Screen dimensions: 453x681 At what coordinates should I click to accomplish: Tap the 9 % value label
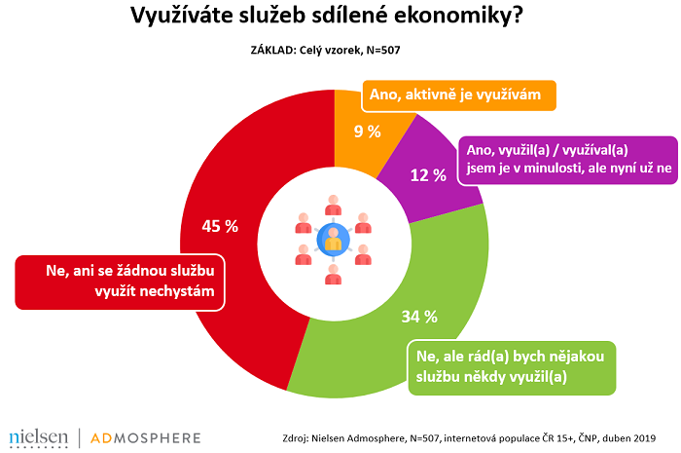[366, 132]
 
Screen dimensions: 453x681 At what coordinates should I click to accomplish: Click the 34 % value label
[420, 318]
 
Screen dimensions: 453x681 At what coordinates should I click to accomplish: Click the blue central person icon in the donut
[334, 240]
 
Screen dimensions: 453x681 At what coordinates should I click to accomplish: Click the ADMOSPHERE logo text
[146, 436]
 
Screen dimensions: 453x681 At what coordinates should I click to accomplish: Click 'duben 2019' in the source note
[635, 436]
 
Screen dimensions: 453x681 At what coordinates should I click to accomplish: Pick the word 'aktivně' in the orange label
[428, 96]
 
